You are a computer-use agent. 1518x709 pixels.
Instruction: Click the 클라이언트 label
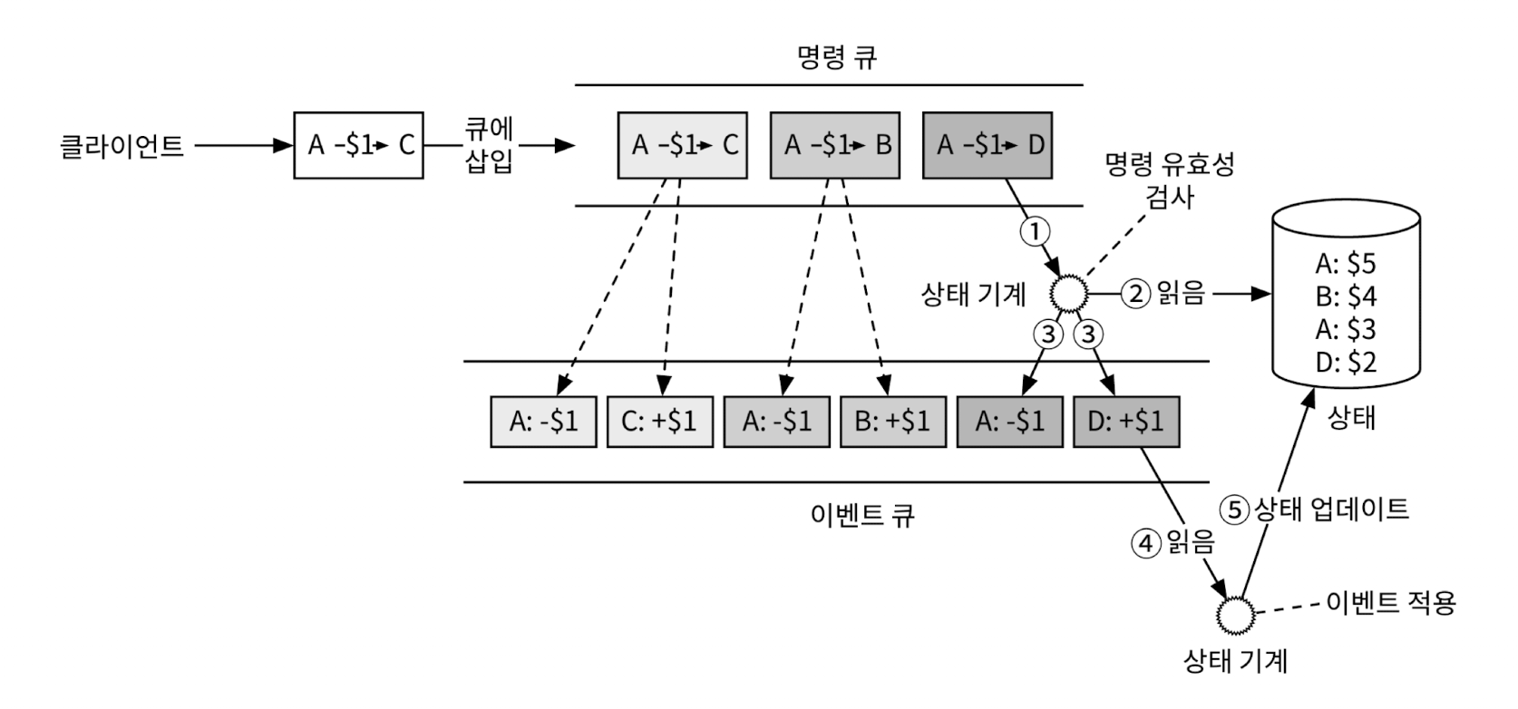click(x=122, y=145)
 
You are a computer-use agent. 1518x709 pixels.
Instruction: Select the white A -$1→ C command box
click(x=358, y=145)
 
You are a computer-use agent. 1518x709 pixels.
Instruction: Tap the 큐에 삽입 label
click(x=489, y=145)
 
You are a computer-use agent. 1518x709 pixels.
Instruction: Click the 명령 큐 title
click(x=836, y=58)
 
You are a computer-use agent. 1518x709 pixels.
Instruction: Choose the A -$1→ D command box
click(x=988, y=145)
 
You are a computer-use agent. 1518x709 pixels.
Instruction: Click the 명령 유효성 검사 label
click(x=1171, y=180)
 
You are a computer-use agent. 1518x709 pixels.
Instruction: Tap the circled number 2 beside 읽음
click(x=1135, y=293)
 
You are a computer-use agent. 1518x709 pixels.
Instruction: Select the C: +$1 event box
click(x=659, y=422)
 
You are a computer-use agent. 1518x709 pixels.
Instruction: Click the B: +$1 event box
click(x=892, y=422)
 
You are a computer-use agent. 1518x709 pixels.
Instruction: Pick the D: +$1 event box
click(x=1125, y=422)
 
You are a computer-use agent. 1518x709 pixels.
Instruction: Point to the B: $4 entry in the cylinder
click(x=1346, y=296)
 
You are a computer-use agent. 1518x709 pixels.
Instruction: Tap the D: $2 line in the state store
click(x=1346, y=363)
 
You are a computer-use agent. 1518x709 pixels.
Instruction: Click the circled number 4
click(x=1145, y=543)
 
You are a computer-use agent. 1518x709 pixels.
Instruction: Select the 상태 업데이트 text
click(x=1331, y=509)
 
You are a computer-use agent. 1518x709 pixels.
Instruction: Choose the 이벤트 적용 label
click(x=1390, y=603)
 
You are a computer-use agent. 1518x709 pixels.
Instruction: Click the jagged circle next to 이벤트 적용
click(x=1235, y=617)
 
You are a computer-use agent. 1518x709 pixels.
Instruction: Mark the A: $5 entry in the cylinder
click(x=1346, y=264)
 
